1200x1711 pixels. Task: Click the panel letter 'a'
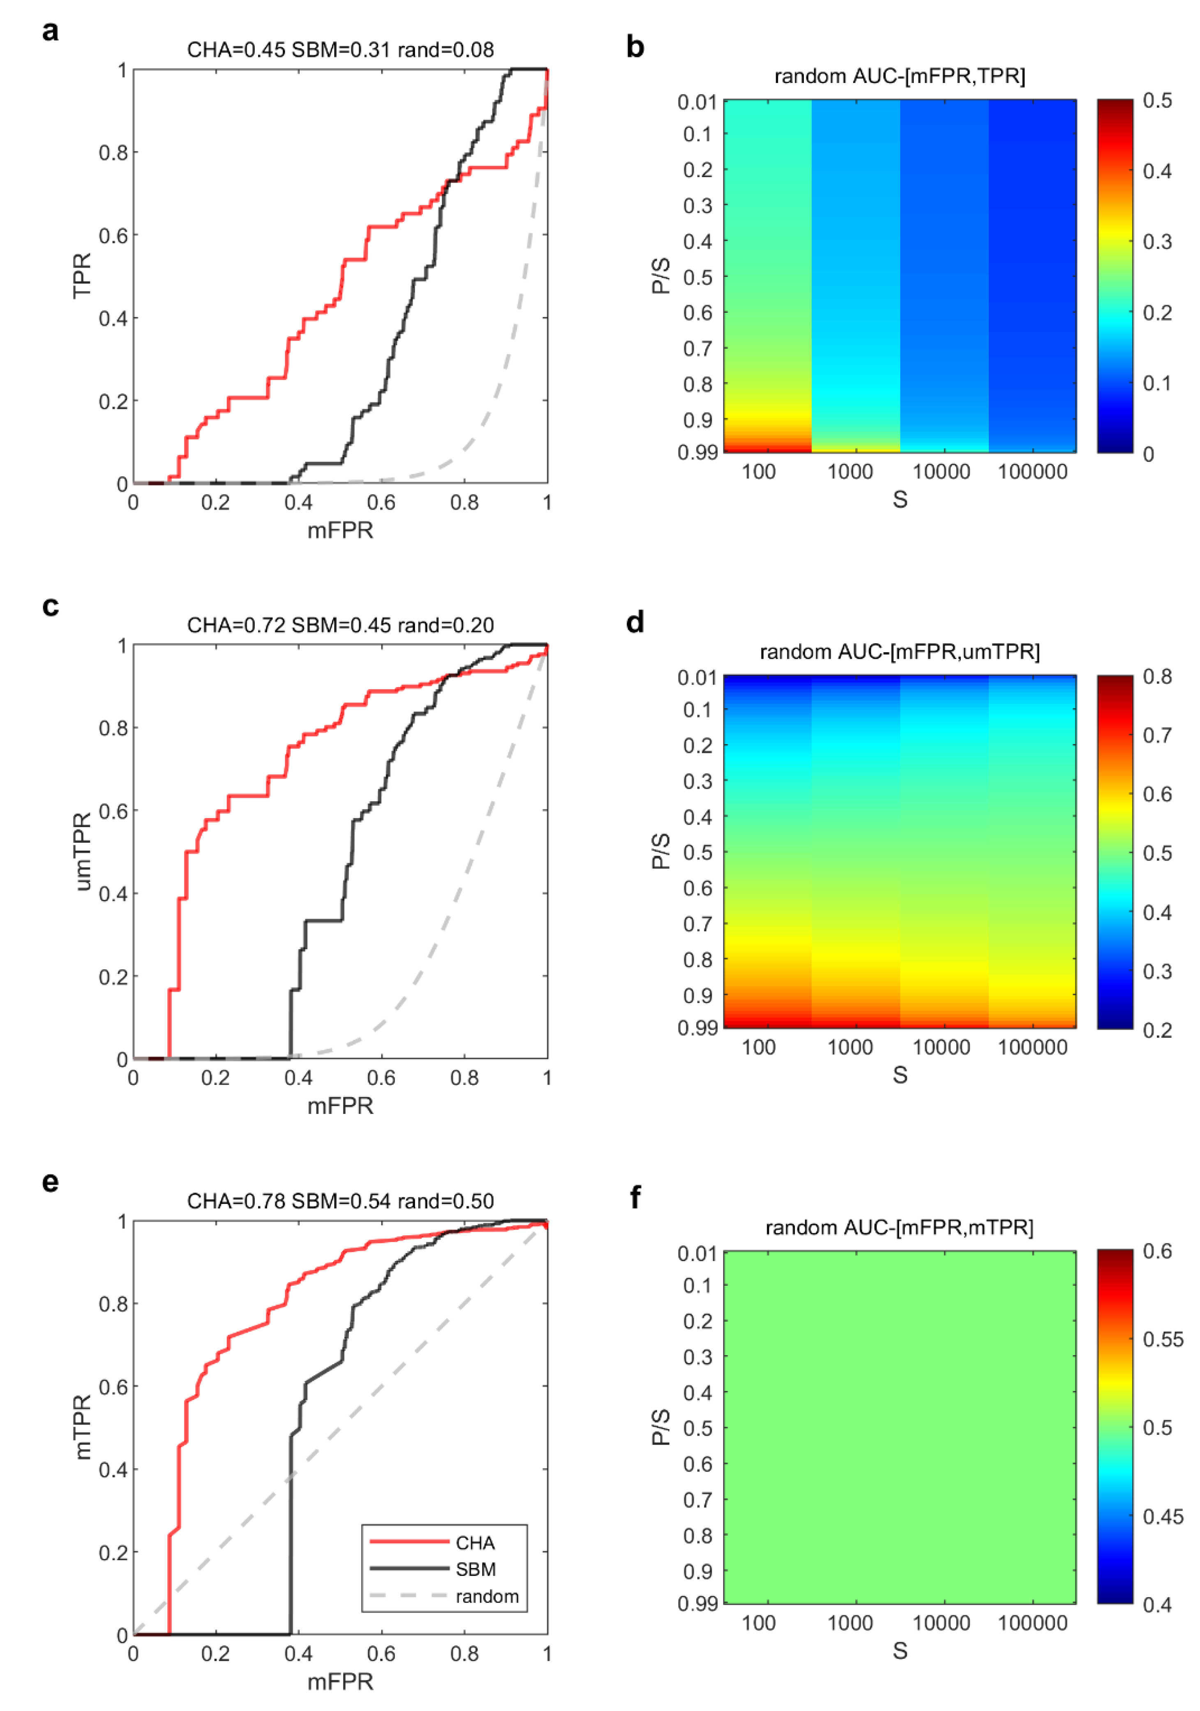[x=50, y=32]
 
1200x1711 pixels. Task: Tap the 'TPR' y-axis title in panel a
[x=82, y=276]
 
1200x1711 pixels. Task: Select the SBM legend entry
[x=475, y=1569]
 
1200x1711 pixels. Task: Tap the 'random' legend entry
[x=486, y=1596]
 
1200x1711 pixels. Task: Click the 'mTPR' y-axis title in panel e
[x=82, y=1427]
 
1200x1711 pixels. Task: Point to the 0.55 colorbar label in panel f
[x=1162, y=1339]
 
